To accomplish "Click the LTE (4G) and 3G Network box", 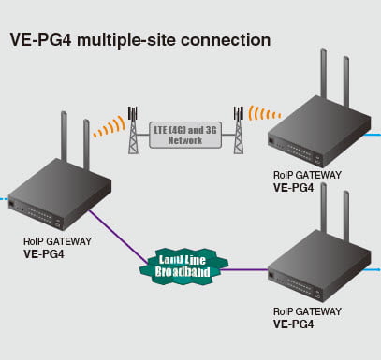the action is click(x=185, y=135).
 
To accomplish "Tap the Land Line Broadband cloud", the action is click(x=183, y=266).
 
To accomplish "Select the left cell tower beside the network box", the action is click(x=133, y=130).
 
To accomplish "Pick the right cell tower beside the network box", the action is click(x=239, y=130).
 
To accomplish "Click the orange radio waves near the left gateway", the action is click(x=110, y=127).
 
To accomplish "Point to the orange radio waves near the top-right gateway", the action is click(x=264, y=113).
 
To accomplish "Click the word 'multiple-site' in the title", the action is click(x=126, y=40).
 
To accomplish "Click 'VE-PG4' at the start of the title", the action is click(x=41, y=40).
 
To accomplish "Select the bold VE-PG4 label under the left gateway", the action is click(x=44, y=254).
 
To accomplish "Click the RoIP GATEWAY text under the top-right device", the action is click(x=307, y=175).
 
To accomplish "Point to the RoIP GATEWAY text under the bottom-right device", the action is click(x=307, y=311).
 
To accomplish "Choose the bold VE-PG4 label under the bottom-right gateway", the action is click(x=293, y=324).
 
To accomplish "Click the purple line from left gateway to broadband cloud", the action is click(x=118, y=237).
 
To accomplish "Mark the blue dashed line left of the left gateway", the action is click(x=4, y=198).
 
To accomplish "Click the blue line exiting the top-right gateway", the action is click(x=374, y=135).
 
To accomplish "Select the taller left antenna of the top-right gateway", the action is click(x=324, y=74).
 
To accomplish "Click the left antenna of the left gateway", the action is click(x=64, y=137).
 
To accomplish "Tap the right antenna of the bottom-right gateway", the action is click(x=346, y=216).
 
